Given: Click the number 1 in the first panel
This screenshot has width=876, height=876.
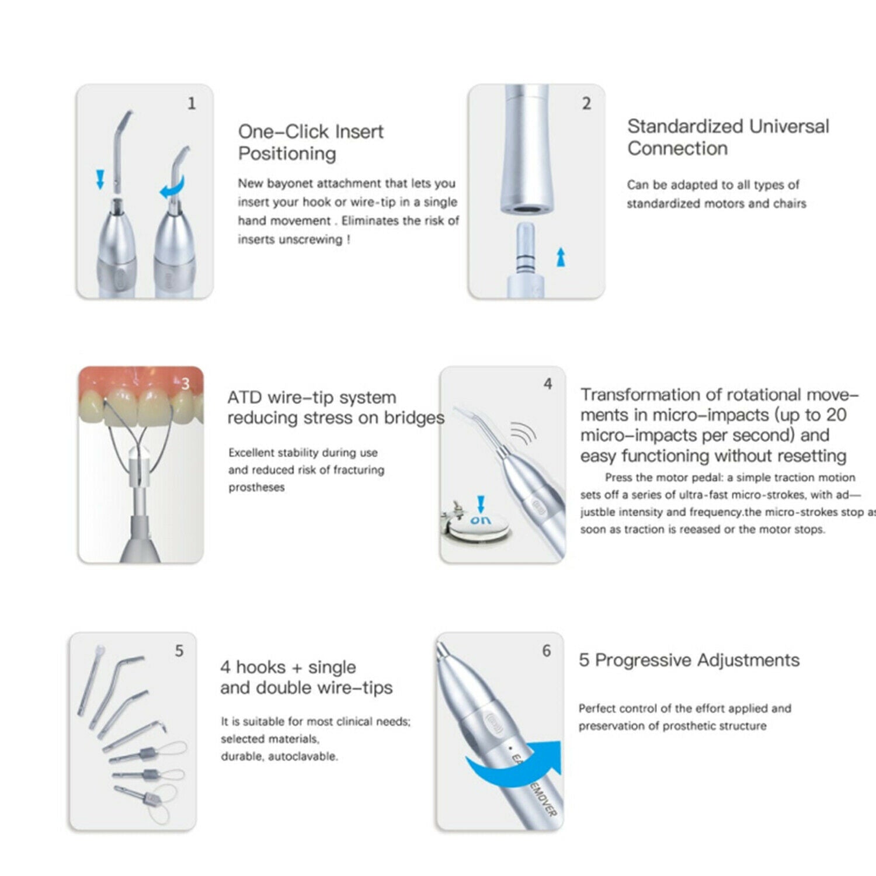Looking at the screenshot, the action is tap(192, 103).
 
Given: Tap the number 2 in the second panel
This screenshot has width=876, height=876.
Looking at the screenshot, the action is tap(586, 103).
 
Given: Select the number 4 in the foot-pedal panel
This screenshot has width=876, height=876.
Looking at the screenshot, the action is tap(547, 384).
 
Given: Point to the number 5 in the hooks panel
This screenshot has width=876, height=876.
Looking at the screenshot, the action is tap(179, 651).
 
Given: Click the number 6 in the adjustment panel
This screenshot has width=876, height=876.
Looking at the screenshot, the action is tap(546, 651).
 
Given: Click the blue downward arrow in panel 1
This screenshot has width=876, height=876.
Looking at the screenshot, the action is tap(100, 179).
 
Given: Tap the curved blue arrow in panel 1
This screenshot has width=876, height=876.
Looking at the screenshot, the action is tap(173, 187).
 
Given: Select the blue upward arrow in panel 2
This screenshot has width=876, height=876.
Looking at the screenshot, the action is tap(561, 256).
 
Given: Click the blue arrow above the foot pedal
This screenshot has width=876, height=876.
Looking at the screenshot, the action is tap(481, 505).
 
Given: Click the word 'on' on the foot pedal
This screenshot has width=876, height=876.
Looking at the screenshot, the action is tap(481, 520).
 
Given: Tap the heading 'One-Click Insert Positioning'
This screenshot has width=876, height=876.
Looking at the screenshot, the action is tap(311, 142).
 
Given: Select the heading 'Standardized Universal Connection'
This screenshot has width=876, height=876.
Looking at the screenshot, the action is tap(728, 137).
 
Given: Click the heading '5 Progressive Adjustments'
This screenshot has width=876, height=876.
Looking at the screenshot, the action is tap(689, 660).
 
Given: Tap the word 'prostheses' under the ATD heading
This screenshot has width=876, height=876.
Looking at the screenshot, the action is tap(256, 488).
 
